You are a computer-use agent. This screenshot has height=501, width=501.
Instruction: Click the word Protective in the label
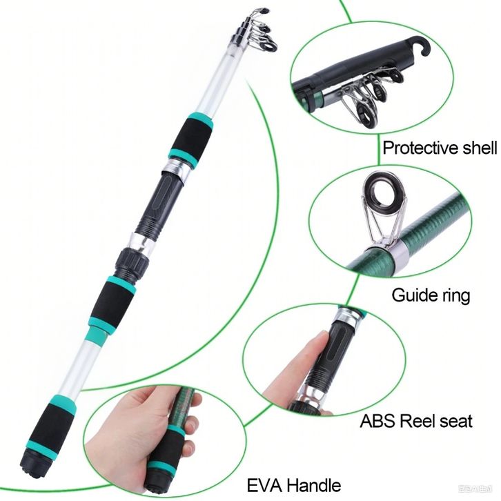pos(422,148)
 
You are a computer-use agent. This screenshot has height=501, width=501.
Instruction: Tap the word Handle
pos(313,484)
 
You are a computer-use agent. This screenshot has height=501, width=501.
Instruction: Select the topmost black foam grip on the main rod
pos(190,137)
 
